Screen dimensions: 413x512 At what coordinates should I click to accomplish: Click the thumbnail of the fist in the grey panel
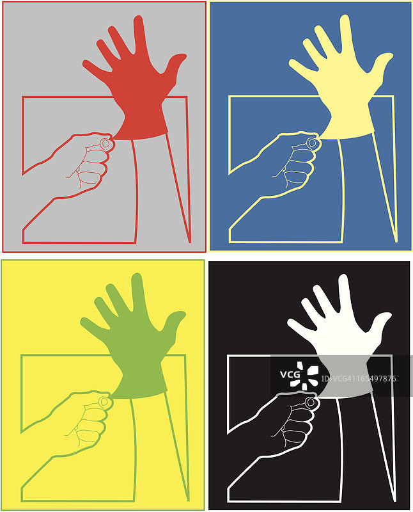tap(105, 143)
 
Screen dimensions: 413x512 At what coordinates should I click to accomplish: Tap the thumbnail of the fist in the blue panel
tap(312, 142)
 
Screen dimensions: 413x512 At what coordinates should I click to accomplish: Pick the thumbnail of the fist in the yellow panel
tap(104, 401)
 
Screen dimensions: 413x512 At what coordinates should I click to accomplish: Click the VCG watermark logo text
tap(290, 374)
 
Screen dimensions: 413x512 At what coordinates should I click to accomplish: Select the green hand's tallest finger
tap(139, 292)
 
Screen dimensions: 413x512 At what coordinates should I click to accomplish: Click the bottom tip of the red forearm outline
tap(190, 242)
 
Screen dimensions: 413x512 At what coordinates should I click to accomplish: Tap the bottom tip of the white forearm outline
tap(395, 501)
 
